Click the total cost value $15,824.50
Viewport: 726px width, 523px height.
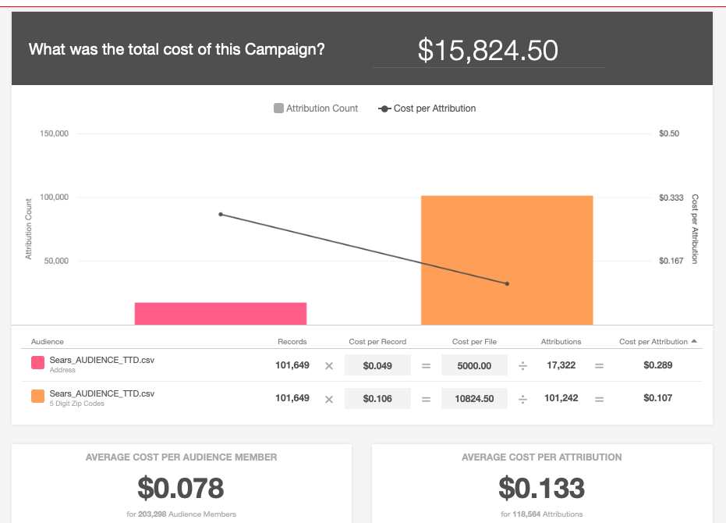[x=488, y=51]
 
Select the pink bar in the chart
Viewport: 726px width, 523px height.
[x=221, y=313]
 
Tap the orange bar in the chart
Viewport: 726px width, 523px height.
[x=507, y=260]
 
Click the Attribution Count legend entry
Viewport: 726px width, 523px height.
[x=316, y=109]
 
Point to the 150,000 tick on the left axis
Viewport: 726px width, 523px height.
[x=55, y=133]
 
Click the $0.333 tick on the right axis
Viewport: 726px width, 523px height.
[x=671, y=197]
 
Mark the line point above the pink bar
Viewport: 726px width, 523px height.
[x=221, y=214]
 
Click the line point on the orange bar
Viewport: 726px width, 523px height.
[x=507, y=283]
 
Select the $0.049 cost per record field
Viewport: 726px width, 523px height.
[x=377, y=365]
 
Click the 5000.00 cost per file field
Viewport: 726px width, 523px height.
[x=474, y=365]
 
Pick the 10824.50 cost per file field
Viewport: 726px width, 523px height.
[x=474, y=398]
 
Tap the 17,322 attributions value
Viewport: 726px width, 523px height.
[x=561, y=365]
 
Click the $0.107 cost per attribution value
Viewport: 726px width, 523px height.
[x=658, y=398]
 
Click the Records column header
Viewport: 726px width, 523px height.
[x=292, y=342]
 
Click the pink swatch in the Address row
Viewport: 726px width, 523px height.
[x=37, y=364]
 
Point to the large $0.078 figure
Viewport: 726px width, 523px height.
[x=181, y=488]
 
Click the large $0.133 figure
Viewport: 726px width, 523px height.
[x=542, y=488]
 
